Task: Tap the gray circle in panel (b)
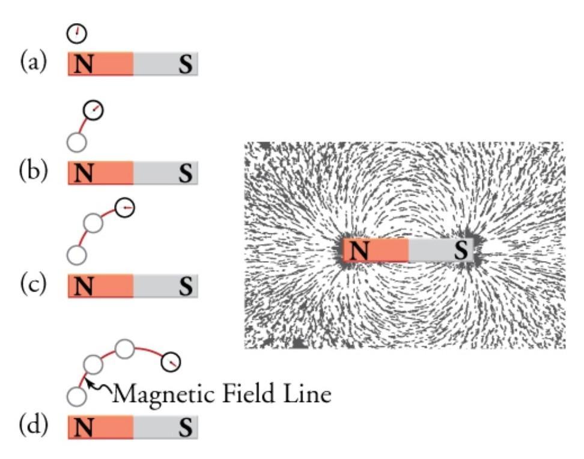[x=77, y=142]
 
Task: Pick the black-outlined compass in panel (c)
[x=125, y=208]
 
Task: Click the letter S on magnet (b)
[x=186, y=173]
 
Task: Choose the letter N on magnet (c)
[x=84, y=286]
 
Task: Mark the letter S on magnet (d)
[x=186, y=429]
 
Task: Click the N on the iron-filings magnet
[x=359, y=250]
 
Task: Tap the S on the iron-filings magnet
[x=461, y=250]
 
